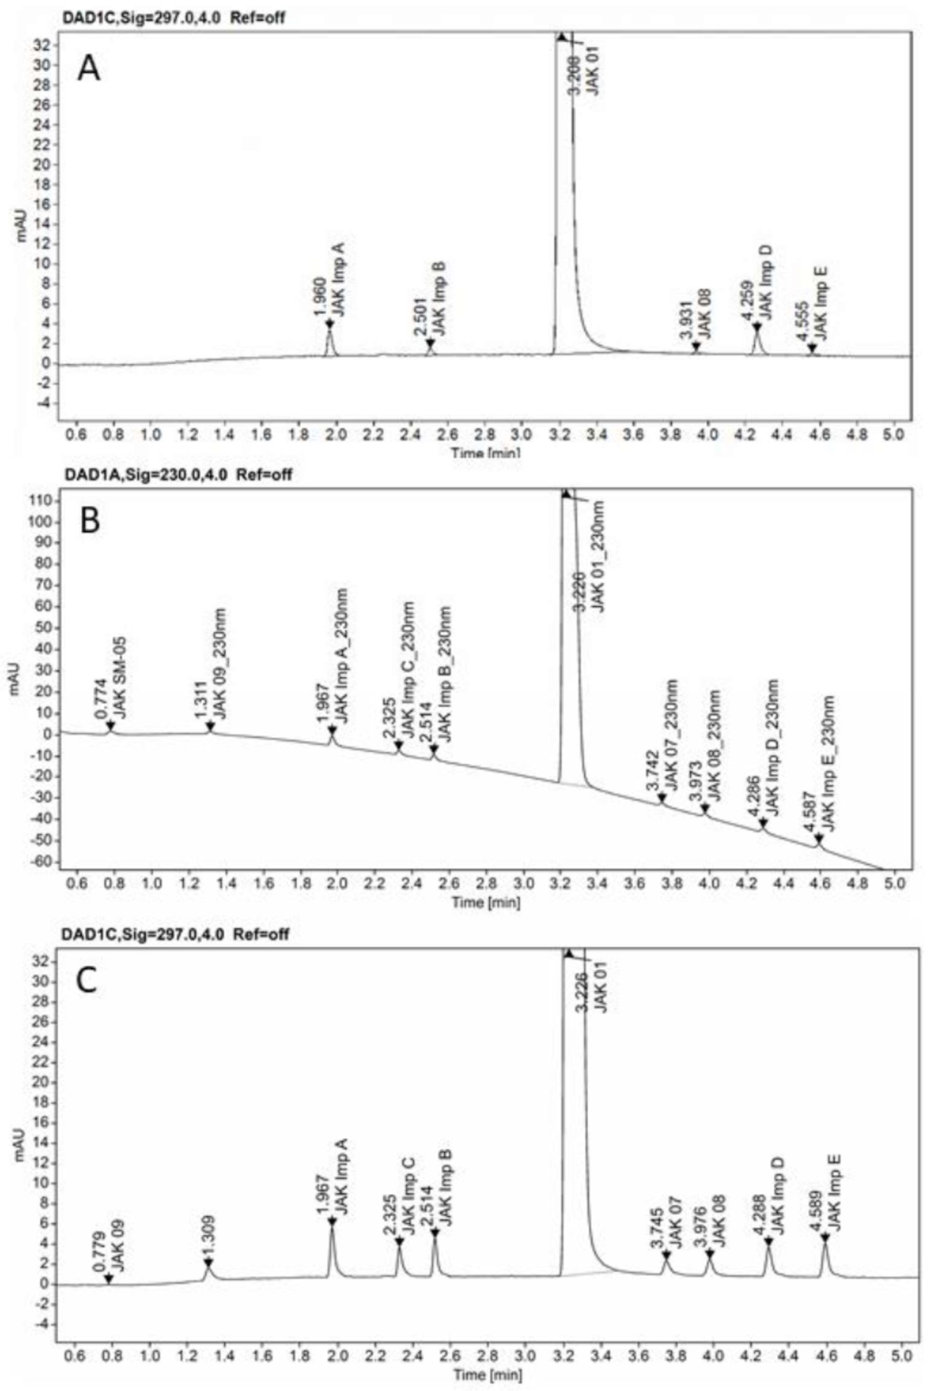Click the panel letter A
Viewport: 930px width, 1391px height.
89,69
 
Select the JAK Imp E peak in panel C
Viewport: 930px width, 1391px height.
824,1234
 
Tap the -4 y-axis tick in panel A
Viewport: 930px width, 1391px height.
45,403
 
